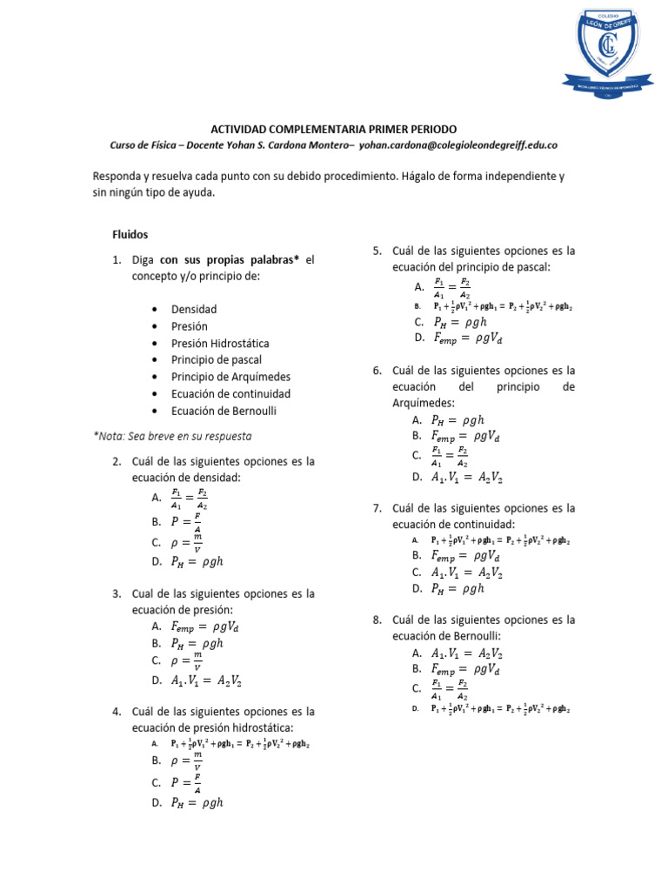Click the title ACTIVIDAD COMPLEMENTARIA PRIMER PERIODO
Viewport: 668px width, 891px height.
[333, 128]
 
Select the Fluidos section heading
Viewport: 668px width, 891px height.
[130, 234]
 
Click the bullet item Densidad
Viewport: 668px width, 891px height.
[194, 309]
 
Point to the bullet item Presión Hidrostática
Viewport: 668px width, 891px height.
[220, 343]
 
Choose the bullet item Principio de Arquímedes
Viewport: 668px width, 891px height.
[230, 377]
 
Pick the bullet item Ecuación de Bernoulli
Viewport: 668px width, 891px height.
[224, 411]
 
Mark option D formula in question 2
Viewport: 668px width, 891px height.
[199, 562]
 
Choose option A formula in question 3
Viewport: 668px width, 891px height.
[206, 626]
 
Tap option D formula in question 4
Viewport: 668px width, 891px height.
[199, 803]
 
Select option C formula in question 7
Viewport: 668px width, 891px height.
[467, 572]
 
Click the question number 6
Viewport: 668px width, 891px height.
[377, 370]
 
